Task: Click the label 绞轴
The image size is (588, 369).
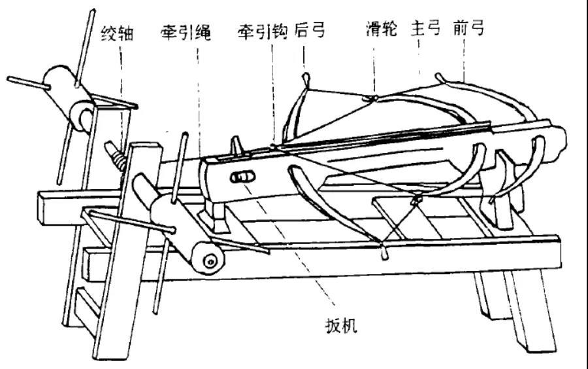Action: (117, 33)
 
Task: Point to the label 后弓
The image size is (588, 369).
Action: (310, 31)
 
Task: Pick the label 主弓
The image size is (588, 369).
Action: (425, 29)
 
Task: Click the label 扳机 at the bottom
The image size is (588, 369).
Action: (341, 325)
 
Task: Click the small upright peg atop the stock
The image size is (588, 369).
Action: (235, 145)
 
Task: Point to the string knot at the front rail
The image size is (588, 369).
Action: (382, 247)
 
